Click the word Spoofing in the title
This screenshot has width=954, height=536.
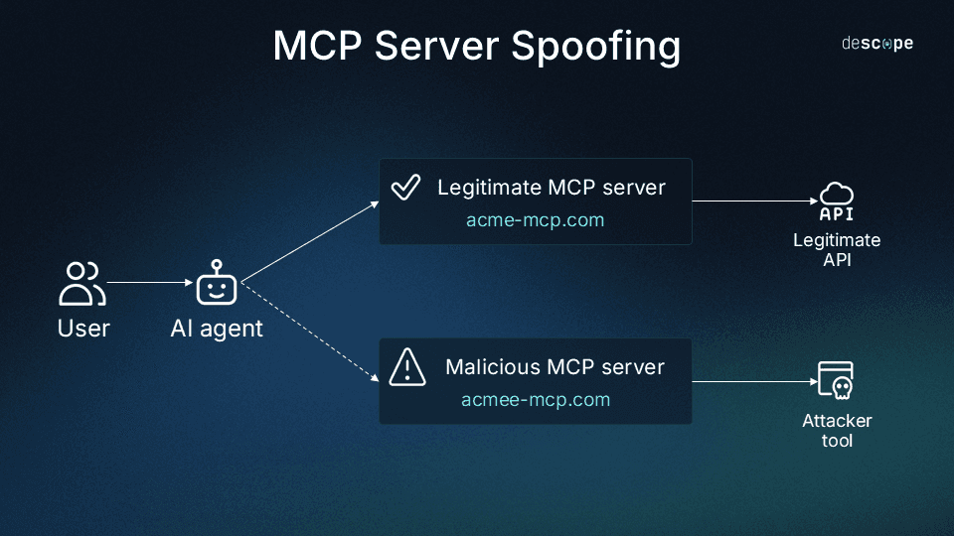coord(597,47)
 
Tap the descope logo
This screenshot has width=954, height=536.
coord(877,44)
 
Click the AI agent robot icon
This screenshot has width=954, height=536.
coord(217,283)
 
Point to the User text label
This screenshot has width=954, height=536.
coord(83,329)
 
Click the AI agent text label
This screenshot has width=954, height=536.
coord(217,329)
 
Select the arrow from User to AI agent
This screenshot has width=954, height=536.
coord(149,283)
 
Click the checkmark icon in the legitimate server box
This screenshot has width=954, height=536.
coord(405,187)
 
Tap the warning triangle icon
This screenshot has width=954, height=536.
coord(406,366)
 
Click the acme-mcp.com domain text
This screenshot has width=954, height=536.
coord(535,220)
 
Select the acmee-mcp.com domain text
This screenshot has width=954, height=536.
coord(535,400)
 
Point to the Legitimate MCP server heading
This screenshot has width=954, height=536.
coord(551,188)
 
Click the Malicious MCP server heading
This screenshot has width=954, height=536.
coord(555,367)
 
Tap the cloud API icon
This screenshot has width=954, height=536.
coord(836,201)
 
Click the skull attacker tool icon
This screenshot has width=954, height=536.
coord(836,381)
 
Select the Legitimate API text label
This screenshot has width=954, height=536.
coord(836,250)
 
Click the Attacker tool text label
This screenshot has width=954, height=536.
coord(837,430)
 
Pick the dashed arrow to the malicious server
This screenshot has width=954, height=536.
coord(310,332)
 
